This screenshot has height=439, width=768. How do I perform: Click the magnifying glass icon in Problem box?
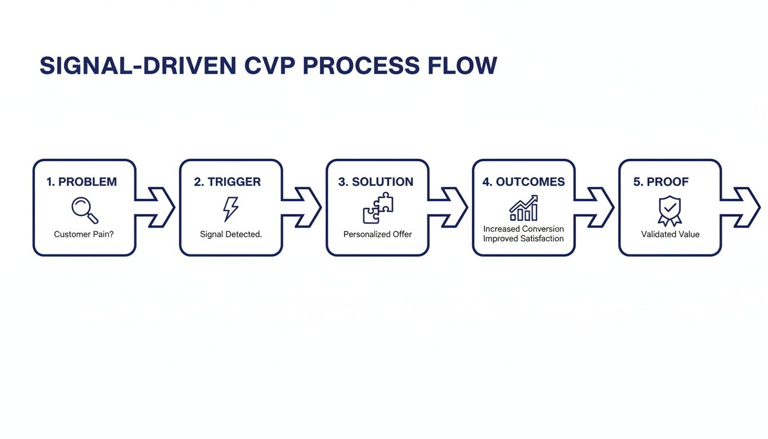tap(85, 210)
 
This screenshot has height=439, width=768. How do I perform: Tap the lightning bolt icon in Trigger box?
tap(231, 209)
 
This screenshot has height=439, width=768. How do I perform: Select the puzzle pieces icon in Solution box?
tap(378, 208)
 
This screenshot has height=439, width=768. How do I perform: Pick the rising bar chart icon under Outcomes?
tap(523, 208)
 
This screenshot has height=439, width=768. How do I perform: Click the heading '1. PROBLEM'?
tap(81, 182)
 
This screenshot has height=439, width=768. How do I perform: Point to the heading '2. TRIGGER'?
tap(227, 182)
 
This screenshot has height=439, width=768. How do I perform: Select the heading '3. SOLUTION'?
tap(375, 182)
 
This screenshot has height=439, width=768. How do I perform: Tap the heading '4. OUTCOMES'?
tap(523, 182)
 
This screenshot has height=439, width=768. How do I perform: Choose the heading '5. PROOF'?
tap(661, 182)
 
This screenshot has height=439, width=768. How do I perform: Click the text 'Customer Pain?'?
tap(84, 234)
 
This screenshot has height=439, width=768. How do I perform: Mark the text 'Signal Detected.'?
tap(231, 234)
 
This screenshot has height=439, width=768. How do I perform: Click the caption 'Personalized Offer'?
tap(378, 234)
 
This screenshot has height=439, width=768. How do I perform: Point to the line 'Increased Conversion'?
tap(523, 229)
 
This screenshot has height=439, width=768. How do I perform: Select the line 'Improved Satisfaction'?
tap(523, 238)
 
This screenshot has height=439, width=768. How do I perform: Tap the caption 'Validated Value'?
tap(670, 234)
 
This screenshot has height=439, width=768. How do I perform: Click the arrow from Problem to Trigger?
tap(157, 207)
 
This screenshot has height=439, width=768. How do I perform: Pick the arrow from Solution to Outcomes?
tap(450, 207)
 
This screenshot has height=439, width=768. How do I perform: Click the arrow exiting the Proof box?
tap(743, 207)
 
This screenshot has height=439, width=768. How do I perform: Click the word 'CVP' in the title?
tap(270, 66)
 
